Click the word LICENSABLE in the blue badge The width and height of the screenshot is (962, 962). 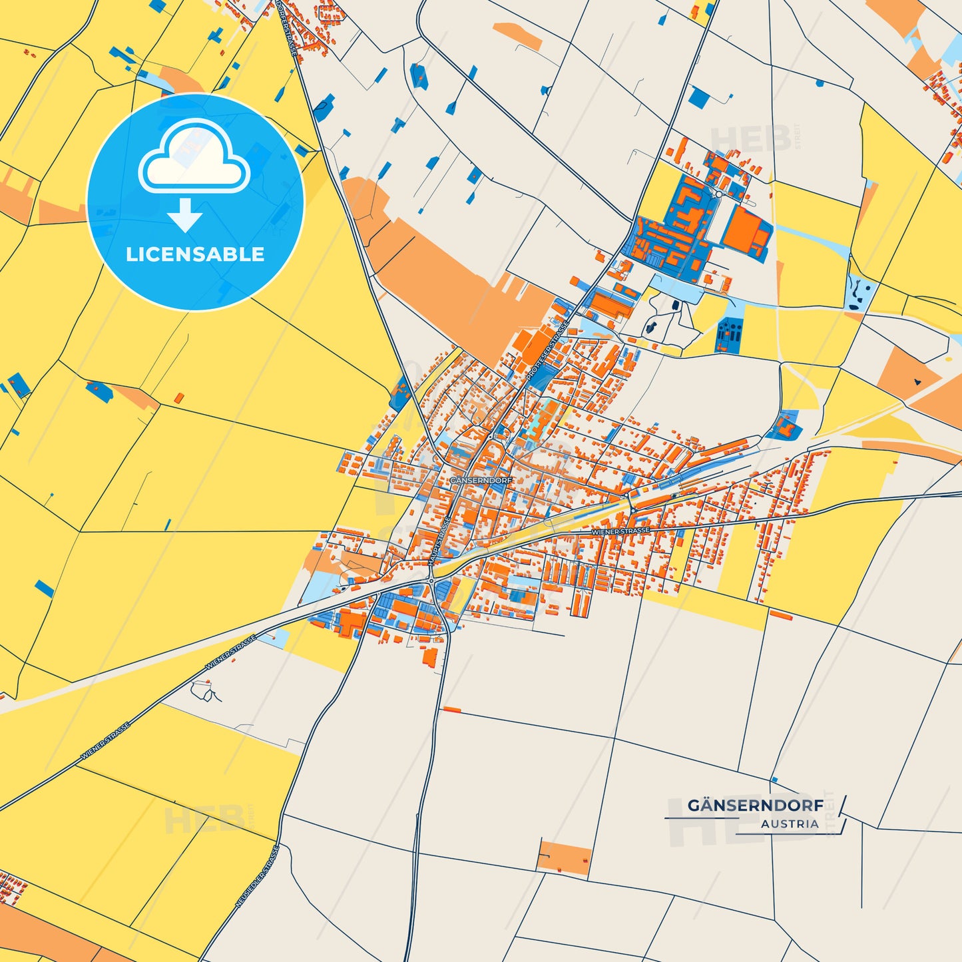click(x=195, y=254)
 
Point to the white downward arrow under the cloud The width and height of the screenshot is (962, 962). click(x=185, y=215)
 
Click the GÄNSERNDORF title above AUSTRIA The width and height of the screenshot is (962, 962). click(x=755, y=806)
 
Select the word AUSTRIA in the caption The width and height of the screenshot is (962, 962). click(x=790, y=824)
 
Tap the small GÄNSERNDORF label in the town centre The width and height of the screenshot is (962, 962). click(x=481, y=480)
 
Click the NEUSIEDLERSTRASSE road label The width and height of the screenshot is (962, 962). click(x=256, y=877)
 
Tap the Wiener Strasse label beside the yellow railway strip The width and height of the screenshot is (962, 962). click(x=620, y=531)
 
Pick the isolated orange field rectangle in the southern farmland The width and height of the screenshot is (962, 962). click(x=564, y=857)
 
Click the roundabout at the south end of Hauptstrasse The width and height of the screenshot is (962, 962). click(x=431, y=581)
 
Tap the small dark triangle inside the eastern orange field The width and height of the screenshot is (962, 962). click(x=917, y=381)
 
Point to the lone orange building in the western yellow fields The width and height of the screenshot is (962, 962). click(x=178, y=397)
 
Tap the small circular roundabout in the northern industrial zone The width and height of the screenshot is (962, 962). click(x=718, y=194)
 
